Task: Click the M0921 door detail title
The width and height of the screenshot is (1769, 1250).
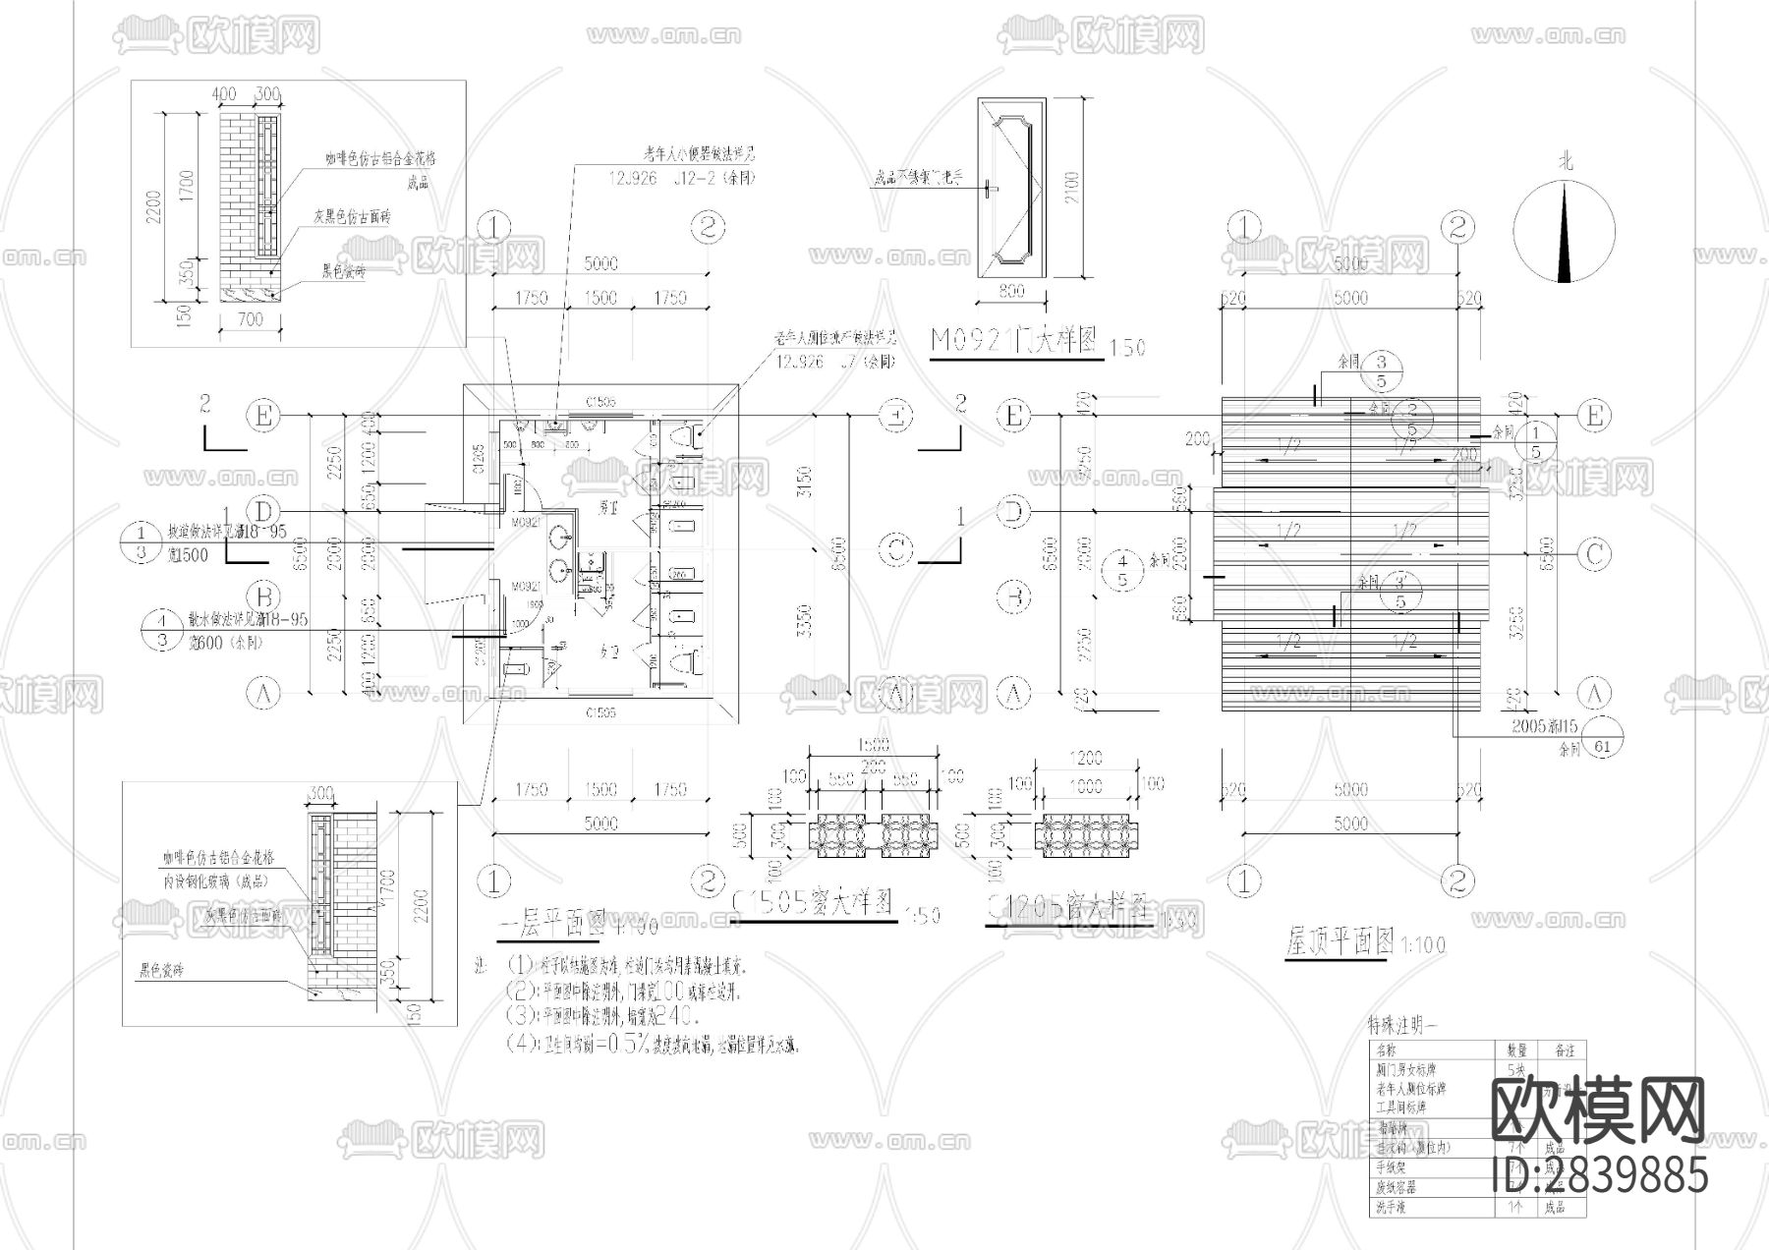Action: [x=1012, y=341]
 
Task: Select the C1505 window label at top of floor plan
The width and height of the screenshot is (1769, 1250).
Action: [x=600, y=401]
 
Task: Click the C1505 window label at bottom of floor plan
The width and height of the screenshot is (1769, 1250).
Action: [x=600, y=711]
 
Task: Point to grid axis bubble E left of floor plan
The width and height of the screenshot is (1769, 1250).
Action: [x=262, y=416]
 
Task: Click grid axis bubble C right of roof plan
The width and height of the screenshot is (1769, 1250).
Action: [x=1594, y=554]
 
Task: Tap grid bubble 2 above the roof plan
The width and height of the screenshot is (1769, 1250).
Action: [x=1458, y=227]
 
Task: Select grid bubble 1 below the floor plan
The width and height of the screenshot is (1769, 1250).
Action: [x=494, y=878]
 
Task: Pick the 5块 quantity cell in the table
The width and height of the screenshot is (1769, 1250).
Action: [x=1516, y=1069]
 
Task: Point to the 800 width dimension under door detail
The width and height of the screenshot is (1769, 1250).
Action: [x=1010, y=291]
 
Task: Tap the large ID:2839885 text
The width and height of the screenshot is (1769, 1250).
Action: [x=1599, y=1173]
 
